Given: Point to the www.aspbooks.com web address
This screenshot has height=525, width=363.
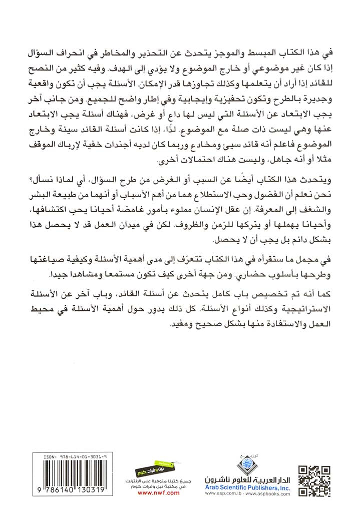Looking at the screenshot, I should point(270,507).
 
